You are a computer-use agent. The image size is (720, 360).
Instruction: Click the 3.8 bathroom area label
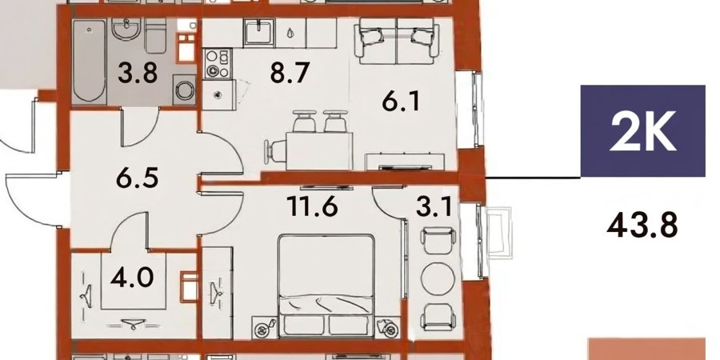(x=138, y=73)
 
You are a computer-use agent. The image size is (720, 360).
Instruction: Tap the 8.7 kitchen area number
(x=290, y=73)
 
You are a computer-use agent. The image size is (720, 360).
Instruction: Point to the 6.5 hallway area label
(x=138, y=178)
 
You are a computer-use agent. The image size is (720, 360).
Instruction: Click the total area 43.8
(x=642, y=226)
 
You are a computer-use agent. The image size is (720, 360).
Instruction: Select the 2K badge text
(x=643, y=131)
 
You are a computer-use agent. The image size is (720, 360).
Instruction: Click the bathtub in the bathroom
(x=90, y=61)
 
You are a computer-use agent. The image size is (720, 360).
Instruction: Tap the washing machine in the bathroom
(x=184, y=90)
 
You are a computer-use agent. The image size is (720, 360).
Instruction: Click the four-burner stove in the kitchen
(x=217, y=63)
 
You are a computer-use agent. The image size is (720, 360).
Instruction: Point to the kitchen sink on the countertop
(x=259, y=32)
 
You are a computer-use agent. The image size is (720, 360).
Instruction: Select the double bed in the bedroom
(x=326, y=286)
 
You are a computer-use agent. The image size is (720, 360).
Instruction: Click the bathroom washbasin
(x=126, y=29)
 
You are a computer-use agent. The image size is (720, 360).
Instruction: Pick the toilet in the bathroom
(x=156, y=36)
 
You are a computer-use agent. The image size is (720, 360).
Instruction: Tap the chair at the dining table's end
(x=275, y=150)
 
